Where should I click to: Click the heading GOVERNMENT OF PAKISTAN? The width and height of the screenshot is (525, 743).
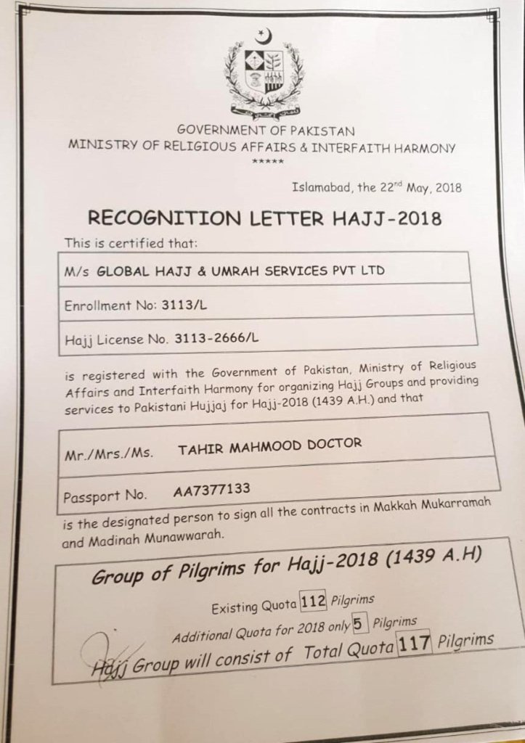(266, 131)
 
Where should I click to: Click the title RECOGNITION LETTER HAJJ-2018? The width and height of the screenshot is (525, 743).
(264, 216)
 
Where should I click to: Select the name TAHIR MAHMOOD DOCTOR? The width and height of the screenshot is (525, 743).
(269, 445)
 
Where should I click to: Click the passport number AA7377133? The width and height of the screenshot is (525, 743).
(212, 490)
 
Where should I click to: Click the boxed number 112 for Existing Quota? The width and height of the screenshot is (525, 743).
(313, 601)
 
